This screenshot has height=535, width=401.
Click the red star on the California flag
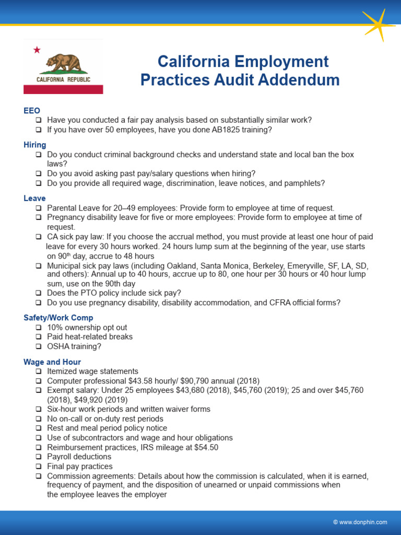37,50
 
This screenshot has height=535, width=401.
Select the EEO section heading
32,110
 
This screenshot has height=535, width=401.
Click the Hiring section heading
35,145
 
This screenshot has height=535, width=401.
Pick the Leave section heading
34,199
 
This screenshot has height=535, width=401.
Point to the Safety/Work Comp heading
58,318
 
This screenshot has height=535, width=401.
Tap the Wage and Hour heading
52,362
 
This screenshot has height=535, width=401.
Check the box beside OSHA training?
39,346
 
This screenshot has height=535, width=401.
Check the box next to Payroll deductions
39,457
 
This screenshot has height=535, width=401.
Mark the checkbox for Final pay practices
39,466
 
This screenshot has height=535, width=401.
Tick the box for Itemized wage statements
39,371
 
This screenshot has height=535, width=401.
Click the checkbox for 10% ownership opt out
39,328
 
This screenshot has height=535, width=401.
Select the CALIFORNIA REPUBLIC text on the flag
63,79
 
